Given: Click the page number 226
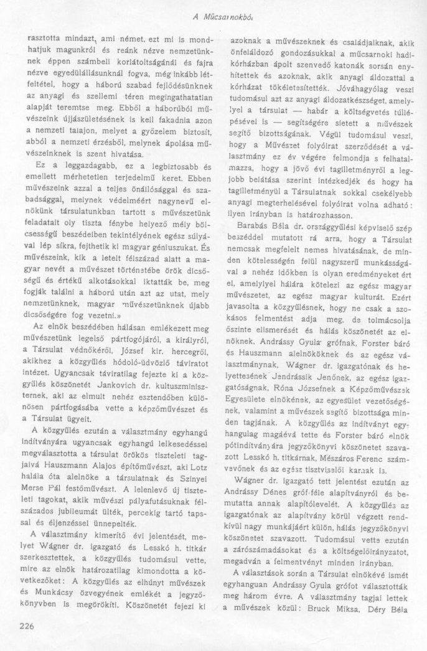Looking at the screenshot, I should [27, 626].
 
